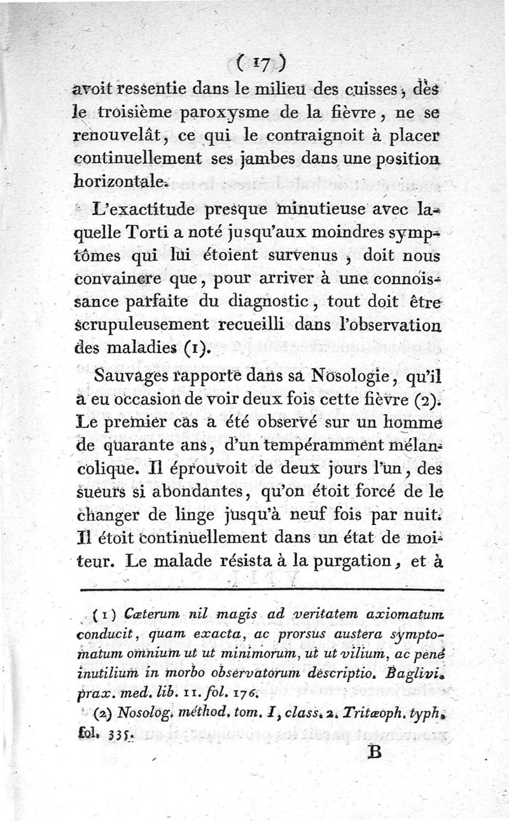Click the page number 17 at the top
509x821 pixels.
coord(259,62)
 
